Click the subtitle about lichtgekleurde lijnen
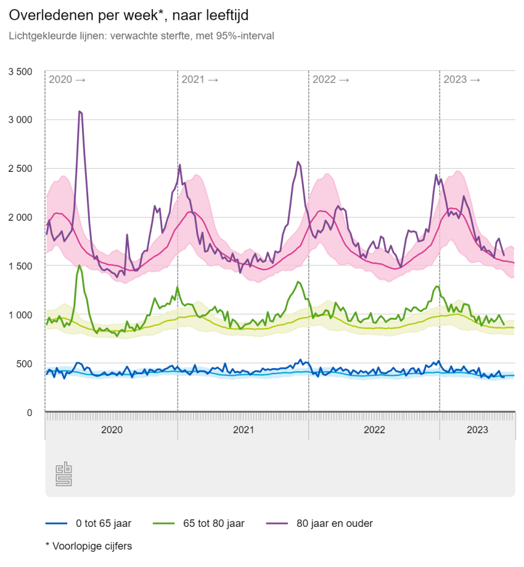(x=141, y=36)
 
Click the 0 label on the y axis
(x=28, y=413)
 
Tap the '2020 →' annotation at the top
(x=67, y=80)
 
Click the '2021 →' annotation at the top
(x=200, y=80)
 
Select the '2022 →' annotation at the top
(x=331, y=80)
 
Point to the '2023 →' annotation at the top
(x=462, y=80)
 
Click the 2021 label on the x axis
(x=243, y=430)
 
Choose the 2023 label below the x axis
(x=477, y=430)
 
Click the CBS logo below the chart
(x=64, y=474)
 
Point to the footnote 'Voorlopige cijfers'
(x=89, y=546)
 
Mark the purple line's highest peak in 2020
(x=80, y=111)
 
